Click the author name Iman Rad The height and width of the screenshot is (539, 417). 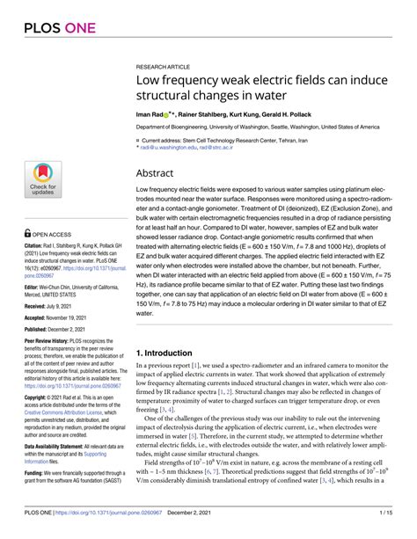point(150,114)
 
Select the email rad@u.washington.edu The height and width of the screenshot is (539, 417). point(172,149)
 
